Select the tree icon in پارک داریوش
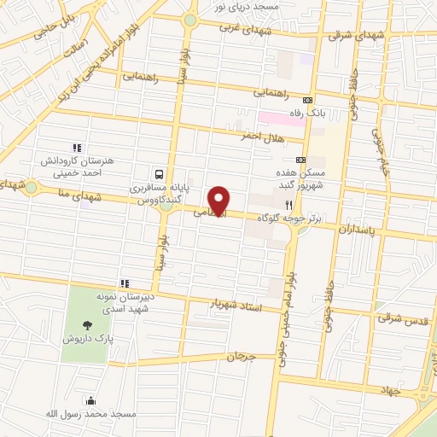88,323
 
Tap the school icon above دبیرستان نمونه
125,283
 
